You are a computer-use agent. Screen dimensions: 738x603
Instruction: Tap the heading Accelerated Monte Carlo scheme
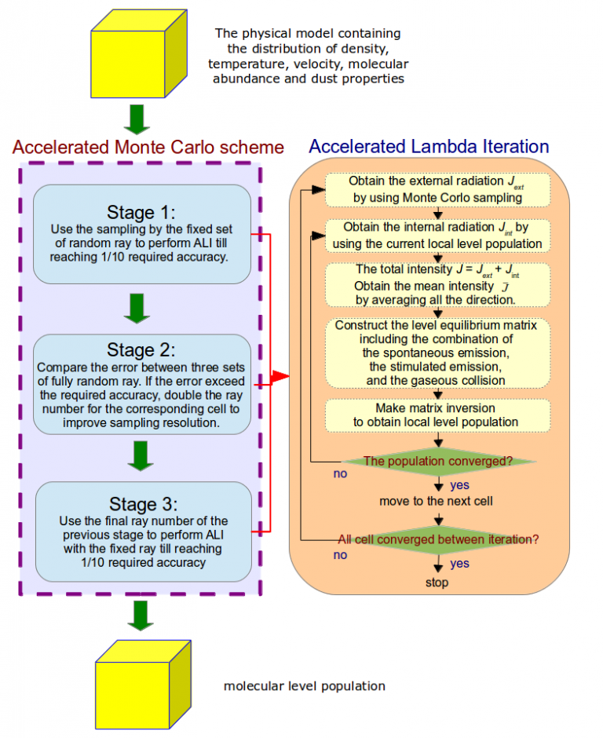click(x=148, y=148)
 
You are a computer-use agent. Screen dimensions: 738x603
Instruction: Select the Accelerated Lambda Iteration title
click(x=429, y=146)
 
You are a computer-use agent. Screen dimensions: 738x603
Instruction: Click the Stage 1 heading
click(x=142, y=213)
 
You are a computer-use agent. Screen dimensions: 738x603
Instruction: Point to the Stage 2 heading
click(x=142, y=349)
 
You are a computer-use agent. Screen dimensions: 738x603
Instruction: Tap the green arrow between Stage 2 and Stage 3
click(x=139, y=455)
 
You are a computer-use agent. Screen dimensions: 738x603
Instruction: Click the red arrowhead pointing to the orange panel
click(x=280, y=378)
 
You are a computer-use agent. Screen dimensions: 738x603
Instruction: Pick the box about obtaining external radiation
click(x=437, y=189)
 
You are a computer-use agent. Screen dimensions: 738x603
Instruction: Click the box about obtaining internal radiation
click(x=437, y=235)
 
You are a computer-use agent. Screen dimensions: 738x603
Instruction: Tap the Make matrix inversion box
click(x=437, y=415)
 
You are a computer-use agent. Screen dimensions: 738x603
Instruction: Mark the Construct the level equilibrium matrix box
click(x=437, y=353)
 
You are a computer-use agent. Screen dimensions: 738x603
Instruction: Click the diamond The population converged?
click(x=437, y=461)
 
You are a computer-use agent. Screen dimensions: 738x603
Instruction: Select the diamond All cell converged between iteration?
click(x=437, y=539)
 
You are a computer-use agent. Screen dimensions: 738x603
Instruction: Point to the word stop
click(x=437, y=583)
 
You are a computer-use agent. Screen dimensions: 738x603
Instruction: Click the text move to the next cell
click(x=436, y=501)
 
